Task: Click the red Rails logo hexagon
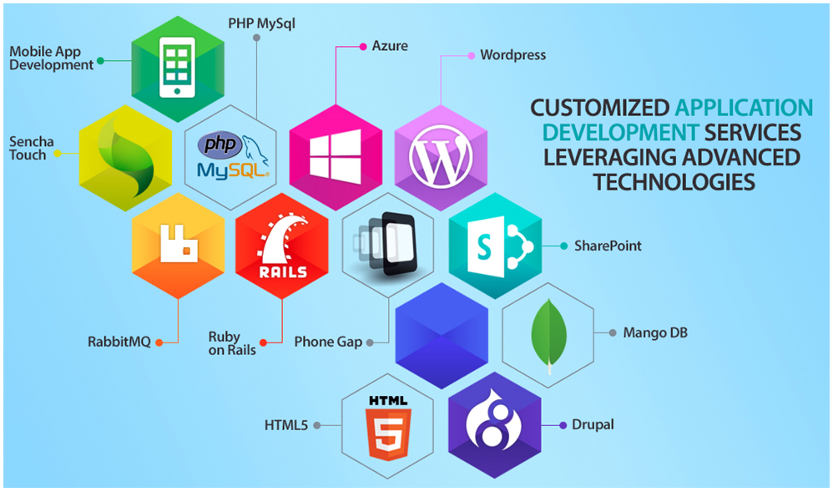(282, 246)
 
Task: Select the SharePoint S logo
(495, 246)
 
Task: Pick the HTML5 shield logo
(387, 424)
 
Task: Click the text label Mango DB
(654, 333)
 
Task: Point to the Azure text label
(390, 45)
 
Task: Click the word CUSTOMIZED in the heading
(599, 108)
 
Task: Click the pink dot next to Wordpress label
(471, 56)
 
